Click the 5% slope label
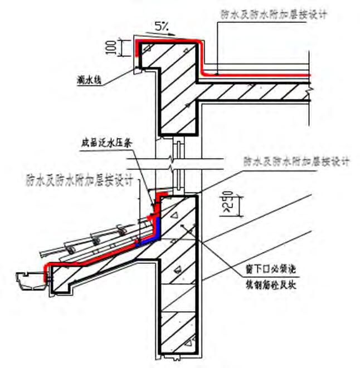click(x=162, y=26)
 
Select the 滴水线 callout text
click(x=89, y=80)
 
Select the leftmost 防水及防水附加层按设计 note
click(x=78, y=180)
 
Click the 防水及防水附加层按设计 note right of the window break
click(x=296, y=162)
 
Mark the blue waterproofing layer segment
click(x=158, y=229)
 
